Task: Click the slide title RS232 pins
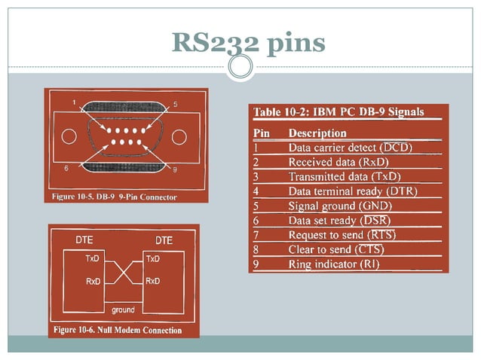pyautogui.click(x=248, y=42)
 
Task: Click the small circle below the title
pyautogui.click(x=240, y=68)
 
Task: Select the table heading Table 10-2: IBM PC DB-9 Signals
pyautogui.click(x=338, y=112)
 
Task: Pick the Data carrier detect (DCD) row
pyautogui.click(x=350, y=147)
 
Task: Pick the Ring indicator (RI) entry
pyautogui.click(x=334, y=264)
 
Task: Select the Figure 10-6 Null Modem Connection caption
pyautogui.click(x=118, y=330)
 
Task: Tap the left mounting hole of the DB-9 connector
pyautogui.click(x=69, y=137)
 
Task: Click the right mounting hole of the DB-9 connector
pyautogui.click(x=179, y=137)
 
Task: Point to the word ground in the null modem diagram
pyautogui.click(x=123, y=310)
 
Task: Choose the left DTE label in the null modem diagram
pyautogui.click(x=84, y=240)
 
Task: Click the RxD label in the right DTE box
pyautogui.click(x=152, y=281)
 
